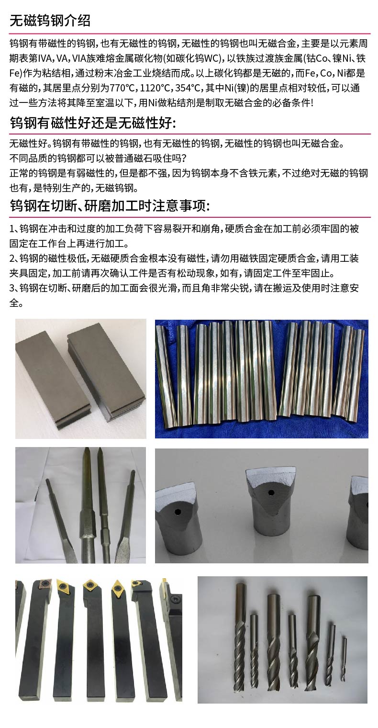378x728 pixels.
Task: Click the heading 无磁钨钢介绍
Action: point(50,21)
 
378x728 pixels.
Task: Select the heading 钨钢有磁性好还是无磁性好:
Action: point(93,123)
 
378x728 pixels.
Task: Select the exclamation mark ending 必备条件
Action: point(312,102)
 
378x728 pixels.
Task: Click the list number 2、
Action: point(14,259)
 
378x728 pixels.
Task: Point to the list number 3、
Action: point(14,288)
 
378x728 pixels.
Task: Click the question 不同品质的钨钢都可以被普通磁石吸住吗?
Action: point(98,158)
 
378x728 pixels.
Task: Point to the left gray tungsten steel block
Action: point(52,373)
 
